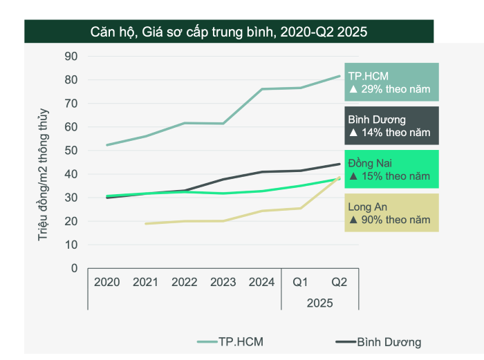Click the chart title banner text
[x=228, y=31]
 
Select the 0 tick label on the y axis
[x=74, y=268]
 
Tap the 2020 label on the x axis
[x=106, y=282]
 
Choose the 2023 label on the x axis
[x=223, y=282]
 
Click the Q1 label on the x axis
[x=300, y=282]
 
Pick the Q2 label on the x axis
[x=339, y=282]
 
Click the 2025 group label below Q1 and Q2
[x=319, y=303]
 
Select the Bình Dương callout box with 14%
[x=391, y=126]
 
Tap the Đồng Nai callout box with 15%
[x=391, y=169]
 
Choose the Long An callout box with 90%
[x=391, y=213]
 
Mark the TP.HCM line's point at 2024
[x=261, y=89]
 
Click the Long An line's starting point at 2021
[x=145, y=223]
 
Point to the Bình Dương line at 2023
[x=223, y=180]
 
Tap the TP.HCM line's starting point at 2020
[x=106, y=145]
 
